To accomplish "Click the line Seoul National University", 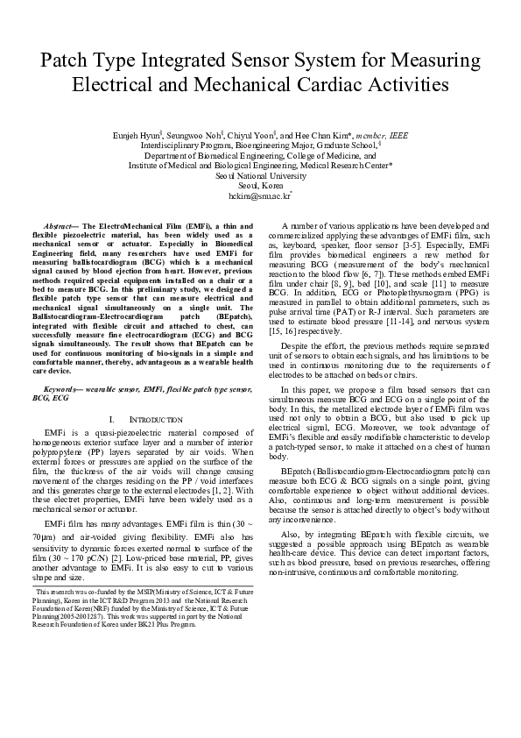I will (260, 175).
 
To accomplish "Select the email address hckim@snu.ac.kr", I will (259, 197).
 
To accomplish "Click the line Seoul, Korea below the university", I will (260, 186).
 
